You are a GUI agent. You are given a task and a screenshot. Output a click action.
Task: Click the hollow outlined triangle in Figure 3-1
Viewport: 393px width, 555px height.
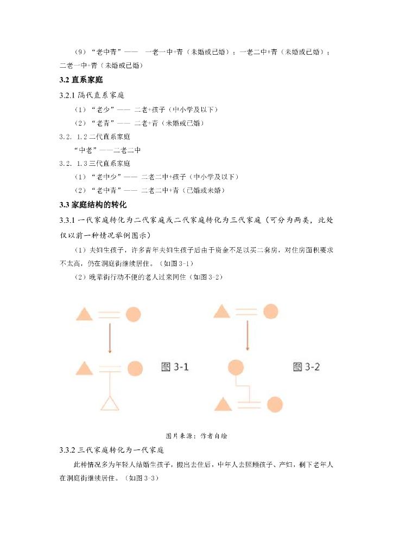click(110, 403)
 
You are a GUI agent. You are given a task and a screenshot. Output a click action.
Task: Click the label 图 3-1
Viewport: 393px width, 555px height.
click(175, 367)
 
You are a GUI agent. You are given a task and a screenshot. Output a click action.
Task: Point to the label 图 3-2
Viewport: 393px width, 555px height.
click(306, 367)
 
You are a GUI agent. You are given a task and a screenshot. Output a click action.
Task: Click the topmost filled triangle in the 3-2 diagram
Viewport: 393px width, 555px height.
click(221, 311)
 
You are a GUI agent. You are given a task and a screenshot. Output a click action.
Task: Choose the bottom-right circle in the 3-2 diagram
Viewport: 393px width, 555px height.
click(275, 404)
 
